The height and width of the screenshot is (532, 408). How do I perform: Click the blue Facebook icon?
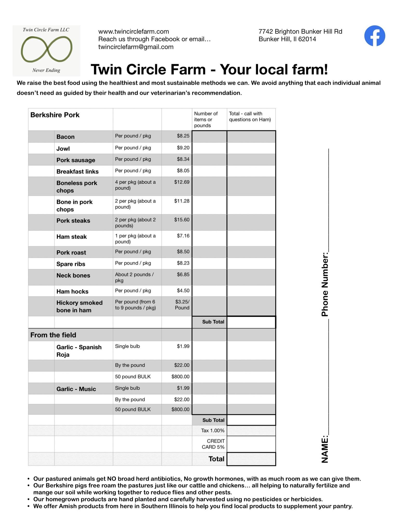point(375,36)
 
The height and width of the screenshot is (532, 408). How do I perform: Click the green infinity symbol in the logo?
point(46,49)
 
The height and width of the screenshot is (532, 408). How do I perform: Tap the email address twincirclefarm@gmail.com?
point(136,47)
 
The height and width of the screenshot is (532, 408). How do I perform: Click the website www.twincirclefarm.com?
point(133,32)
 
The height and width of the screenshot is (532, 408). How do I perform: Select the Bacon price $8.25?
point(183,136)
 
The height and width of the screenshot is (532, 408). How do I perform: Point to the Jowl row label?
point(63,149)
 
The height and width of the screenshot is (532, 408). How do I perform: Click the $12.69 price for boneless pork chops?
point(182,182)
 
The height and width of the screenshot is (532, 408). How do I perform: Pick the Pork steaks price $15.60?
point(182,220)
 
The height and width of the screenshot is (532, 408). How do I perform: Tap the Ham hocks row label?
point(72,291)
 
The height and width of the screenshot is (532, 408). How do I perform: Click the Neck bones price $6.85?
point(183,275)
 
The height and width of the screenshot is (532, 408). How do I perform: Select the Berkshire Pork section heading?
point(55,115)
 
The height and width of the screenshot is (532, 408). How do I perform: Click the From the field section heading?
point(53,335)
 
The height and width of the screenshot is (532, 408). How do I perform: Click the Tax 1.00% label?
point(213,430)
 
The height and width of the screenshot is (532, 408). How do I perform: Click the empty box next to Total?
point(251,459)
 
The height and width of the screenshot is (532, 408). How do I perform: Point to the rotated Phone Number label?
point(325,284)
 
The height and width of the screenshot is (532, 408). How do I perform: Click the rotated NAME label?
point(325,449)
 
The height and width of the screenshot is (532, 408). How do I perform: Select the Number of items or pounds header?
point(206,119)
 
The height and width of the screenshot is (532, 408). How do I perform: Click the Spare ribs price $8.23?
point(183,263)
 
